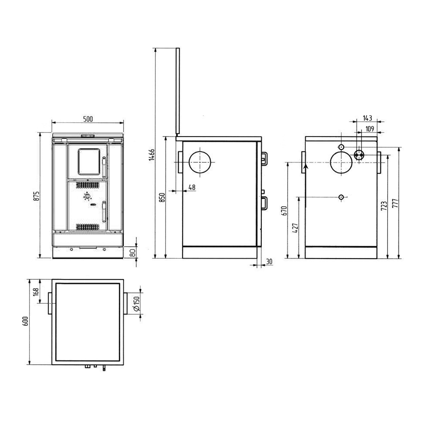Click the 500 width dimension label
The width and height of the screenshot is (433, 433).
(x=88, y=119)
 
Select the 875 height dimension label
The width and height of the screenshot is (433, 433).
(x=36, y=196)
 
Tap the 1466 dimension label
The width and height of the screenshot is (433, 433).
(x=152, y=155)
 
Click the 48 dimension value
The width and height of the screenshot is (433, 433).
(x=192, y=187)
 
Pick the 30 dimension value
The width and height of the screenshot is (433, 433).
(x=269, y=262)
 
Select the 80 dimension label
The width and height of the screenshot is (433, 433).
(x=132, y=253)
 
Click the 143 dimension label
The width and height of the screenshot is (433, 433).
(x=367, y=118)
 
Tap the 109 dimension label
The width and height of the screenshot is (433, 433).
(x=369, y=129)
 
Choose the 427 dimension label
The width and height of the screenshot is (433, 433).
(x=295, y=228)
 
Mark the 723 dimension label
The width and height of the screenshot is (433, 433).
(x=384, y=206)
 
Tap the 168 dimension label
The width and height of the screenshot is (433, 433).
(x=36, y=292)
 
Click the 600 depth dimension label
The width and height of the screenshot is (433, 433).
(x=26, y=321)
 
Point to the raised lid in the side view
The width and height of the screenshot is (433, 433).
(x=178, y=91)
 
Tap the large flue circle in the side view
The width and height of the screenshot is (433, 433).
(x=200, y=162)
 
